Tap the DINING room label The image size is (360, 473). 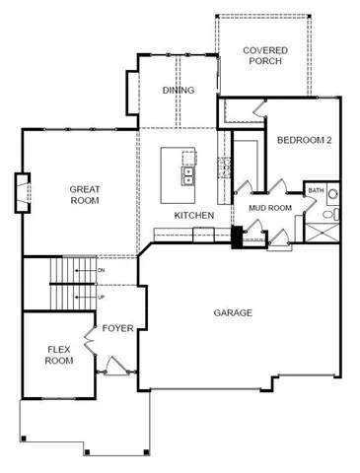pyautogui.click(x=178, y=91)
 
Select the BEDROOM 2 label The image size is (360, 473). pyautogui.click(x=304, y=141)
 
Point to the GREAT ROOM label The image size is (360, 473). pyautogui.click(x=85, y=193)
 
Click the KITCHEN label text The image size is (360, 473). pyautogui.click(x=193, y=215)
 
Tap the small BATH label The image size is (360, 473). pyautogui.click(x=316, y=190)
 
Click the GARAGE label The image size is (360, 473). pyautogui.click(x=233, y=313)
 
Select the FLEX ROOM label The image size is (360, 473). pyautogui.click(x=59, y=355)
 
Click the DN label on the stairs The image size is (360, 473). pyautogui.click(x=102, y=269)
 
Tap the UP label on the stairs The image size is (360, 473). pyautogui.click(x=102, y=296)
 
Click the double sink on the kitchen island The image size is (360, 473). pyautogui.click(x=186, y=175)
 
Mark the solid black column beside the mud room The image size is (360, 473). pyautogui.click(x=237, y=238)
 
